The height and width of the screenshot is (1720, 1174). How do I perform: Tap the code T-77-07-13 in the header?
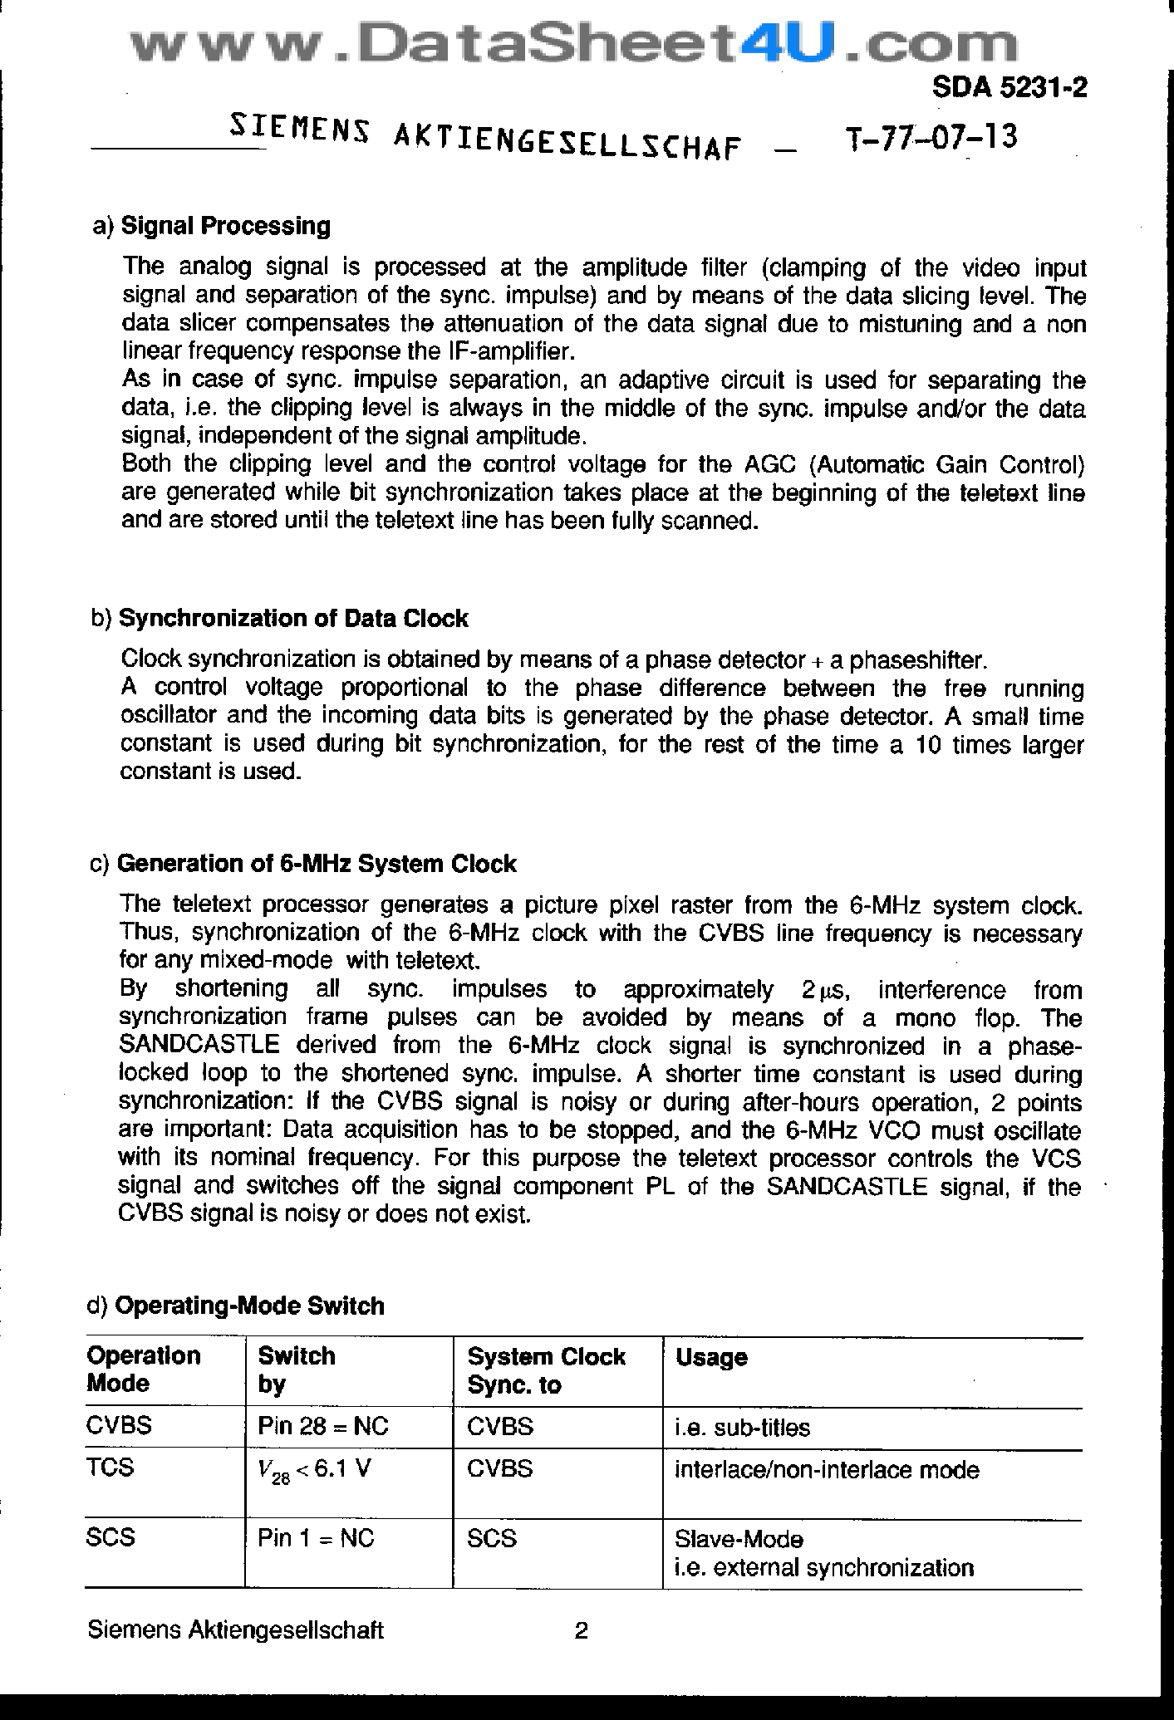pyautogui.click(x=930, y=138)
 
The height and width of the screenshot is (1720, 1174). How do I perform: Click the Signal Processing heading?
pyautogui.click(x=225, y=226)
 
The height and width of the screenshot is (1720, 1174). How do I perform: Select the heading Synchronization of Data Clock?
pyautogui.click(x=293, y=618)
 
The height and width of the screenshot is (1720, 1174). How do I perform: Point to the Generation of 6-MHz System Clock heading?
pyautogui.click(x=316, y=864)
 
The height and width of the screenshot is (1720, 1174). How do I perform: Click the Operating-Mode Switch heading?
pyautogui.click(x=248, y=1306)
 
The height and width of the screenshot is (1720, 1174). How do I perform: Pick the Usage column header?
pyautogui.click(x=711, y=1357)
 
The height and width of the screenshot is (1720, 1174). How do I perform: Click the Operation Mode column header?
pyautogui.click(x=144, y=1370)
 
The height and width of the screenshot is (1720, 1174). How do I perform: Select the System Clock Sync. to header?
pyautogui.click(x=545, y=1370)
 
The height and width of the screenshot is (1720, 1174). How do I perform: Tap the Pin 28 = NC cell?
pyautogui.click(x=322, y=1427)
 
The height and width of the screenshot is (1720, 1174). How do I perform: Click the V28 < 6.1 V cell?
pyautogui.click(x=315, y=1470)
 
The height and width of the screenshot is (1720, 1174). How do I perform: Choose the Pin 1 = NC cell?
pyautogui.click(x=316, y=1538)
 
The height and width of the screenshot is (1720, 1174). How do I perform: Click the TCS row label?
pyautogui.click(x=110, y=1468)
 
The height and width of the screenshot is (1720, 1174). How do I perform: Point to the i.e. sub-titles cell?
pyautogui.click(x=742, y=1428)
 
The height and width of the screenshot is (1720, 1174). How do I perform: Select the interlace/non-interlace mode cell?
pyautogui.click(x=826, y=1470)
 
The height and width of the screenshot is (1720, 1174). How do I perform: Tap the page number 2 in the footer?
pyautogui.click(x=582, y=1631)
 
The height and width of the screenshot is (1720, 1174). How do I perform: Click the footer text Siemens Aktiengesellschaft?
pyautogui.click(x=235, y=1630)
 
